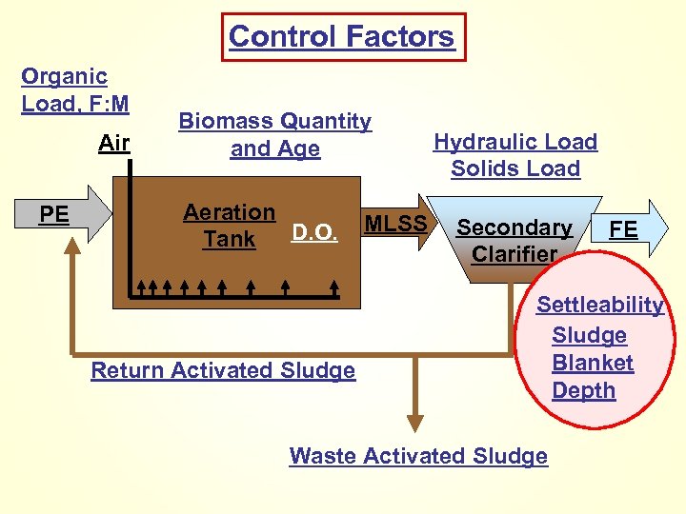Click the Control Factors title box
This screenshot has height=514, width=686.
[x=343, y=37]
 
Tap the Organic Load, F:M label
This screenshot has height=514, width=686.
[x=74, y=89]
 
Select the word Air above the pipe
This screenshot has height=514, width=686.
[x=114, y=144]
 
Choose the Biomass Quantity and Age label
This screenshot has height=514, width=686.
[x=275, y=135]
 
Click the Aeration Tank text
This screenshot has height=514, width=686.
[x=230, y=227]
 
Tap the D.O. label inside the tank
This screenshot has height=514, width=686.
[x=314, y=233]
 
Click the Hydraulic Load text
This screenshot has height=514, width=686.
[x=515, y=142]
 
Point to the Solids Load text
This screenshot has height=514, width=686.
[x=515, y=168]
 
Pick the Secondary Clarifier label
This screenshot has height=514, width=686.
[x=514, y=241]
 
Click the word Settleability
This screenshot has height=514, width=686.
[x=600, y=305]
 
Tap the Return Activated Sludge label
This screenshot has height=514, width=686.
[x=223, y=370]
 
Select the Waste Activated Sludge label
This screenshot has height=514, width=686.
[x=418, y=456]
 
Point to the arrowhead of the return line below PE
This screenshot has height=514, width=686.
[x=72, y=245]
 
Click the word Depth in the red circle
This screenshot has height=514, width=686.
[x=583, y=390]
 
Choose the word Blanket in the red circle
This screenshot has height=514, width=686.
[x=593, y=363]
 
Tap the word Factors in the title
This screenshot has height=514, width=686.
[x=404, y=37]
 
